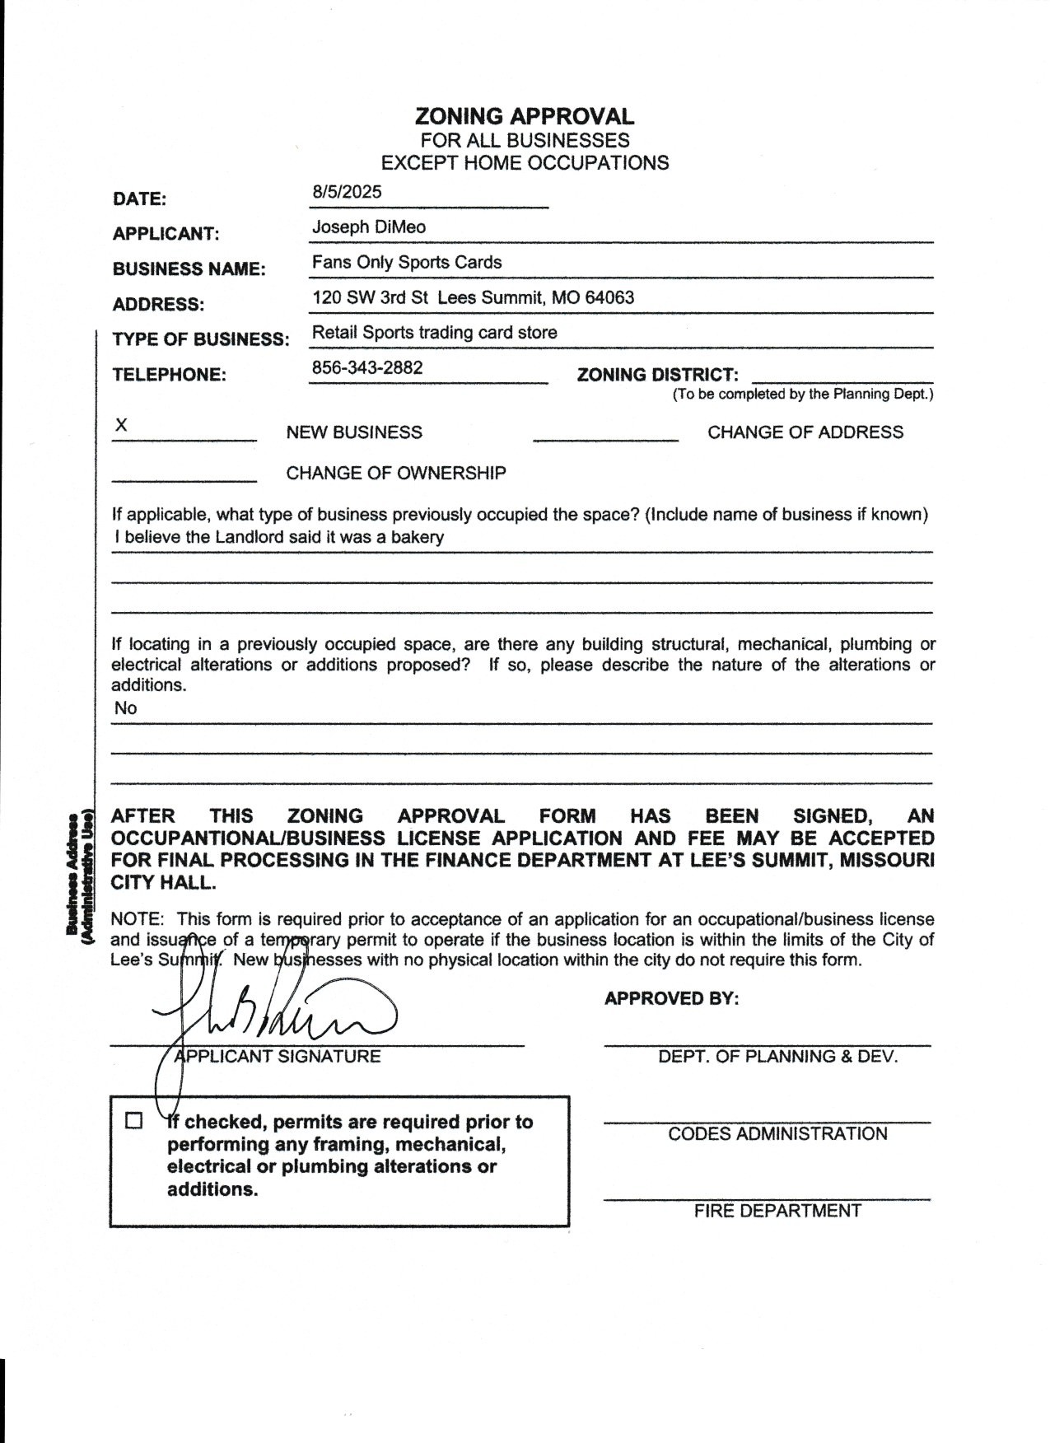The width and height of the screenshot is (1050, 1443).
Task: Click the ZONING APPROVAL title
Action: [525, 116]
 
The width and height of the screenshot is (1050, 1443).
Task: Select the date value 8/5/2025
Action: [347, 192]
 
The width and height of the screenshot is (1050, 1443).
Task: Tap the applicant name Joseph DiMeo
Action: [369, 227]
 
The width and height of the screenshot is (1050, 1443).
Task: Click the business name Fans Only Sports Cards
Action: [407, 263]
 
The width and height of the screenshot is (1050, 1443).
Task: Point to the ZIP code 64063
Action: [609, 297]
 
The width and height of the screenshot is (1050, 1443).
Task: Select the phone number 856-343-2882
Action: [367, 367]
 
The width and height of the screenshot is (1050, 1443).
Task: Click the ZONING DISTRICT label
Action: [657, 375]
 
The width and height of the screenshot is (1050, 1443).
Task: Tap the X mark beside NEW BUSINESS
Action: [121, 425]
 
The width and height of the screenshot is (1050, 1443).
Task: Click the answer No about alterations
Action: [126, 708]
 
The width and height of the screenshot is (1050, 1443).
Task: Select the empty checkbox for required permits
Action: [133, 1121]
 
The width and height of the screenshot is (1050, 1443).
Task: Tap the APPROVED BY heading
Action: [671, 998]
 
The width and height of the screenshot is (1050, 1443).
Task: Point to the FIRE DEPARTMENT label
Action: [777, 1211]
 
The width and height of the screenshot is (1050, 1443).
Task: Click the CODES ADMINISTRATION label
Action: [777, 1134]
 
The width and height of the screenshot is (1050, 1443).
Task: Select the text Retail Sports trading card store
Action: [434, 333]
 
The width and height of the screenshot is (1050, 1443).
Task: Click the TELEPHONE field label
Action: [169, 375]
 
